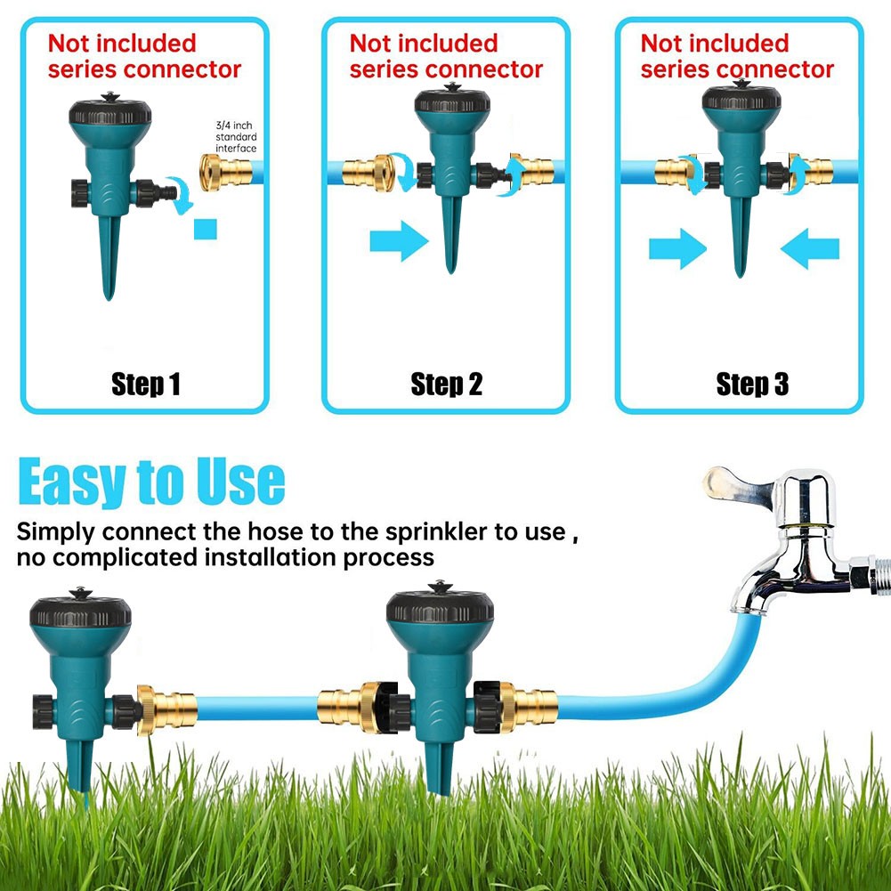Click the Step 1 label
click(x=145, y=385)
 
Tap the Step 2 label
click(x=447, y=385)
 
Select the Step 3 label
click(x=752, y=385)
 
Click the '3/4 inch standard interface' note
click(x=236, y=137)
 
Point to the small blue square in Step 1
click(x=205, y=230)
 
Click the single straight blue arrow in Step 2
click(x=399, y=241)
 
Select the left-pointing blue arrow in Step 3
click(x=810, y=248)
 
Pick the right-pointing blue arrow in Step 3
click(x=677, y=248)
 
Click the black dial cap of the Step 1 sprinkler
click(x=110, y=110)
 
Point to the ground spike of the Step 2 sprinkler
click(x=451, y=233)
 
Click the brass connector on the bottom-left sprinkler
click(x=167, y=709)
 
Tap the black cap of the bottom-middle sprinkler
click(x=440, y=604)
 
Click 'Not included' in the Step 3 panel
click(x=715, y=44)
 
